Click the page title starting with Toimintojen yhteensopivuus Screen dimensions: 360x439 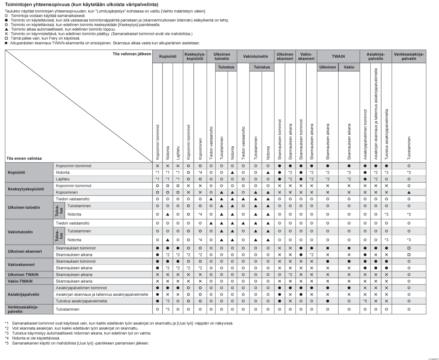tap(82, 5)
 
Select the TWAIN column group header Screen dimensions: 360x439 tap(338, 56)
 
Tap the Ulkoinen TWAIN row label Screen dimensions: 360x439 tap(23, 275)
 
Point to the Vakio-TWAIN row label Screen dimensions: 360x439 tap(20, 281)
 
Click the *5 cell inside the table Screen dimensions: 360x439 tap(365, 301)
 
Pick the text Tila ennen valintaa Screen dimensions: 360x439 tap(24, 158)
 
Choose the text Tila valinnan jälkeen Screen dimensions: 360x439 tap(132, 54)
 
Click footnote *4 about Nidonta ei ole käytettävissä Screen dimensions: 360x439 tap(32, 338)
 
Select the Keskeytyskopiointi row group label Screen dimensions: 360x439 tap(26, 189)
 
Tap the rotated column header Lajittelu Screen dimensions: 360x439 tap(178, 153)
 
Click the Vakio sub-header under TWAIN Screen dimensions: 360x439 tap(349, 67)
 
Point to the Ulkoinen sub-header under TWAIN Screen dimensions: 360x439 tap(328, 67)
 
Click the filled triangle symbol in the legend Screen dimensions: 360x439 tap(6, 29)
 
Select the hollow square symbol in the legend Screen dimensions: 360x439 tap(6, 38)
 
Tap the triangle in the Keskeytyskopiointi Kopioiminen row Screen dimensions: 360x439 tap(409, 192)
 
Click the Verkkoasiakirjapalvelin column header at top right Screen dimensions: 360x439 tap(409, 56)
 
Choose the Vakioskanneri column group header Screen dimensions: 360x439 tap(306, 56)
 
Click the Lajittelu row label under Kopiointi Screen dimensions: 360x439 tap(63, 179)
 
